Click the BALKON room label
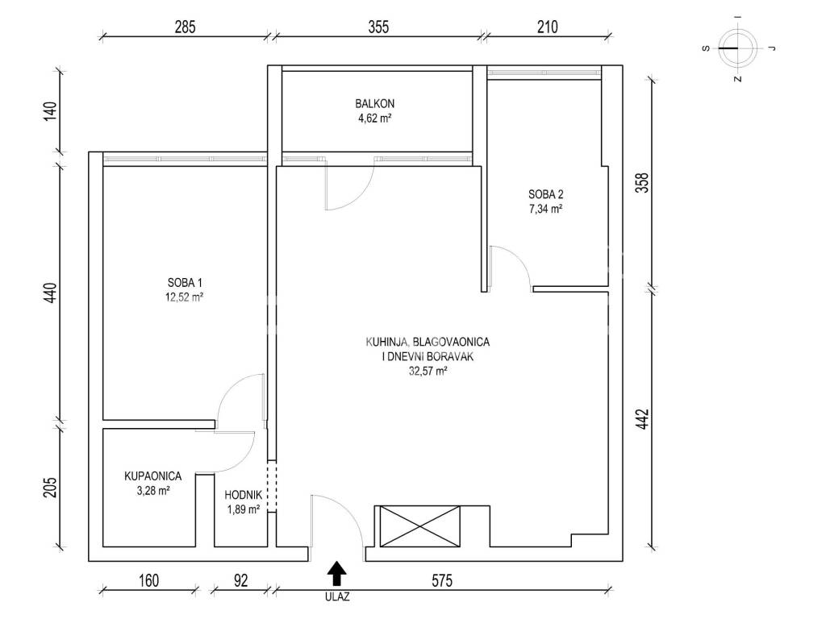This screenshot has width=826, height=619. pos(374,104)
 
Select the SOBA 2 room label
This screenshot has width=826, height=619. pos(546,195)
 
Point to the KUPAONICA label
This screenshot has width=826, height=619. pos(152,476)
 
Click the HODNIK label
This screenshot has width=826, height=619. pos(243,496)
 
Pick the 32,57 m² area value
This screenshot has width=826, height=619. pos(428,371)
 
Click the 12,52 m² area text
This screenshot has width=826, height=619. pos(185,297)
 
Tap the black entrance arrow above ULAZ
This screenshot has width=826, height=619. pos(336,574)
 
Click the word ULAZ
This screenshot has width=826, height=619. pos(337,597)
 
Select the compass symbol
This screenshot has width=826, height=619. pos(739,48)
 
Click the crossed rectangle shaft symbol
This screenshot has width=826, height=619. pos(419,526)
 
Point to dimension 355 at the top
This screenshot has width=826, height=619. pos(378,27)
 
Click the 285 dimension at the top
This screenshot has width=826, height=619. pos(185,27)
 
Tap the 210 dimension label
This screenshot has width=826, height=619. pos(548,27)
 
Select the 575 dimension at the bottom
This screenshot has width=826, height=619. pos(442,580)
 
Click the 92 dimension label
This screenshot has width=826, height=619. pos(240,580)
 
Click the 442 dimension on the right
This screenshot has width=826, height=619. pos(643,419)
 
